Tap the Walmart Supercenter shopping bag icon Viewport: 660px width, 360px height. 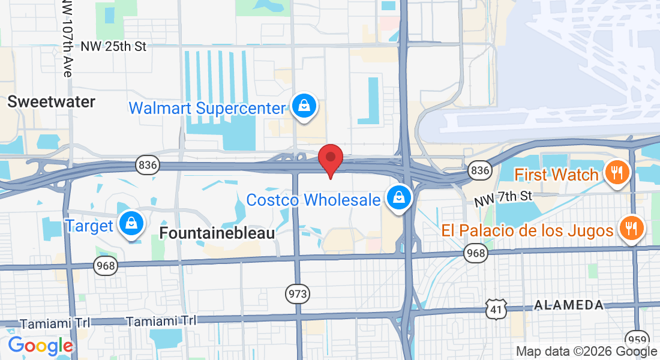pyautogui.click(x=304, y=107)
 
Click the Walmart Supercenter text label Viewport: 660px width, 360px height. pyautogui.click(x=207, y=109)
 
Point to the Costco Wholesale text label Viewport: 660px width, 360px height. pyautogui.click(x=314, y=200)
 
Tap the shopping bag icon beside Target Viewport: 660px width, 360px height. pyautogui.click(x=130, y=223)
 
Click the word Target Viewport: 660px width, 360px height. pyautogui.click(x=89, y=226)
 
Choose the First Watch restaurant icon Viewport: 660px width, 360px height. pyautogui.click(x=615, y=173)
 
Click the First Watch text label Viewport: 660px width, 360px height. pyautogui.click(x=557, y=175)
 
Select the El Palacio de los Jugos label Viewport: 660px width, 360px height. pyautogui.click(x=527, y=230)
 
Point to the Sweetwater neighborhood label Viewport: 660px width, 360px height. pyautogui.click(x=52, y=102)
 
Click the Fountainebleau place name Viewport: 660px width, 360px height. pyautogui.click(x=217, y=233)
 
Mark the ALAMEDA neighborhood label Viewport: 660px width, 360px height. pyautogui.click(x=569, y=305)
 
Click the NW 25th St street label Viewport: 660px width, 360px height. pyautogui.click(x=113, y=47)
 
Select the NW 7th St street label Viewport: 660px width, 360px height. pyautogui.click(x=503, y=199)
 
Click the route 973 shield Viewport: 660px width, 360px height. pyautogui.click(x=298, y=293)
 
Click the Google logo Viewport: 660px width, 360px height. pyautogui.click(x=40, y=346)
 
